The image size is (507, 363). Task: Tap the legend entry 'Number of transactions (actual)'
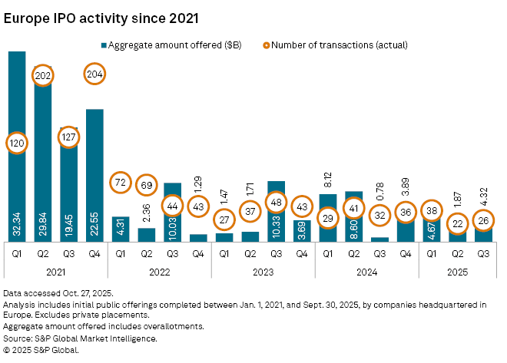[337, 45]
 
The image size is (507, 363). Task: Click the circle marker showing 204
[95, 75]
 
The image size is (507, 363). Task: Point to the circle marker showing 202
[43, 75]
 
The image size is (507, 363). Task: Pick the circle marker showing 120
[17, 143]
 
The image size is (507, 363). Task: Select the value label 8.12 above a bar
[329, 179]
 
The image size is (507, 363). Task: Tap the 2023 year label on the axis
[263, 271]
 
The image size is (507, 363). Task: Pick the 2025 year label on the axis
[458, 271]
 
